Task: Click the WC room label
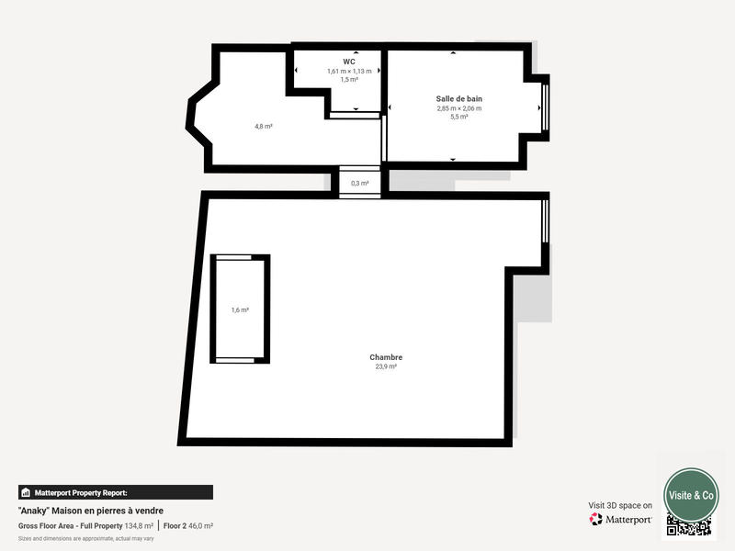pyautogui.click(x=349, y=62)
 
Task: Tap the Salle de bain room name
pyautogui.click(x=458, y=98)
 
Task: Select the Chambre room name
pyautogui.click(x=386, y=357)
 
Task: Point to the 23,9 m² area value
pyautogui.click(x=386, y=366)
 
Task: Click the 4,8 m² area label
pyautogui.click(x=263, y=126)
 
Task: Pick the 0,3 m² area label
pyautogui.click(x=359, y=183)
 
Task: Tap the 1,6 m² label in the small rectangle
pyautogui.click(x=240, y=310)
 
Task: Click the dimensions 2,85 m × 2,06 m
pyautogui.click(x=458, y=108)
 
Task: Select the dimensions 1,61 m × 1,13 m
pyautogui.click(x=349, y=71)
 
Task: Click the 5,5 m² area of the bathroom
pyautogui.click(x=458, y=117)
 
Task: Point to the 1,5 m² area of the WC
pyautogui.click(x=349, y=80)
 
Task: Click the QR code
pyautogui.click(x=689, y=525)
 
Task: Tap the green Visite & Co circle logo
pyautogui.click(x=691, y=494)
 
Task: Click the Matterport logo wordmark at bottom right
pyautogui.click(x=621, y=519)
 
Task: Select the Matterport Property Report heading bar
pyautogui.click(x=115, y=492)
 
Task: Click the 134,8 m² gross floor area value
pyautogui.click(x=140, y=525)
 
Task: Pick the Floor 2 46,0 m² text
pyautogui.click(x=188, y=525)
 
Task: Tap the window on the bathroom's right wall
pyautogui.click(x=545, y=107)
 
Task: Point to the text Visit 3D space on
pyautogui.click(x=620, y=505)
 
